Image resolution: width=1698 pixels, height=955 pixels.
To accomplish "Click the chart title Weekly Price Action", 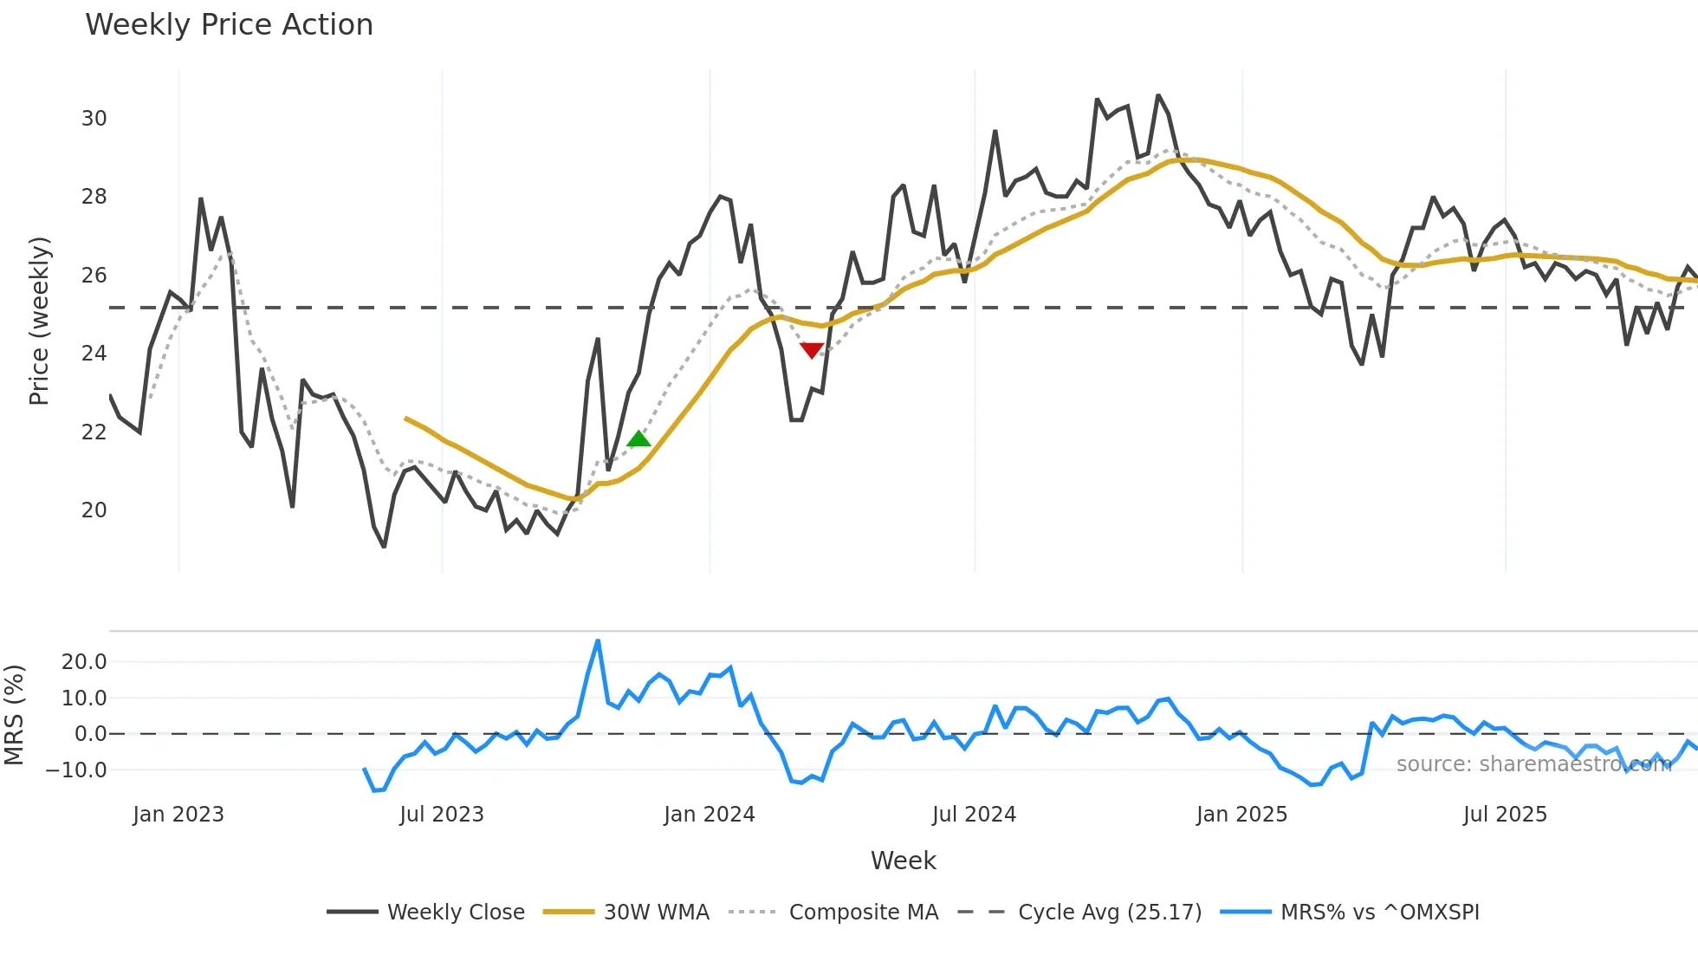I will pyautogui.click(x=229, y=25).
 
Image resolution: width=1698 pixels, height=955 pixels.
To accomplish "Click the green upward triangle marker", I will pyautogui.click(x=638, y=439).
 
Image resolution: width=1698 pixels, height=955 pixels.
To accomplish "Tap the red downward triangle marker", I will pyautogui.click(x=812, y=350).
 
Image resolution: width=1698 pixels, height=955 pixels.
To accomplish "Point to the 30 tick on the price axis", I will pyautogui.click(x=94, y=119).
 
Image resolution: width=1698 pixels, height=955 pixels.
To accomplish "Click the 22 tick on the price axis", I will pyautogui.click(x=94, y=432).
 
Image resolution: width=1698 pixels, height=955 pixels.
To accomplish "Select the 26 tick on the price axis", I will pyautogui.click(x=94, y=276).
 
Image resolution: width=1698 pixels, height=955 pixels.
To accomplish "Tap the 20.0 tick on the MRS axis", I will pyautogui.click(x=84, y=662).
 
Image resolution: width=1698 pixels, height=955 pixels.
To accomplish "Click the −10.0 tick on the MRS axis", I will pyautogui.click(x=76, y=770).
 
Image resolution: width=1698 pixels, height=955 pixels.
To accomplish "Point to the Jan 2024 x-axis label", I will pyautogui.click(x=710, y=815).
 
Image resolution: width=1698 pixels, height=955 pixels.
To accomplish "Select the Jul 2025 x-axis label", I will pyautogui.click(x=1505, y=815).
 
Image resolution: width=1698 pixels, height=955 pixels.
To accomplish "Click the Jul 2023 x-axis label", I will pyautogui.click(x=442, y=815).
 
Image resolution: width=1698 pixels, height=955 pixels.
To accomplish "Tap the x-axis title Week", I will pyautogui.click(x=903, y=861).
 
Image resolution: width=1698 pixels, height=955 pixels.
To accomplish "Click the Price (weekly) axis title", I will pyautogui.click(x=39, y=321).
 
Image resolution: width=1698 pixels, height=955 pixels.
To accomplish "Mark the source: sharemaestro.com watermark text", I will pyautogui.click(x=1533, y=764).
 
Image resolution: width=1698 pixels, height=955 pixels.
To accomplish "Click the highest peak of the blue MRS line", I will pyautogui.click(x=598, y=641).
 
